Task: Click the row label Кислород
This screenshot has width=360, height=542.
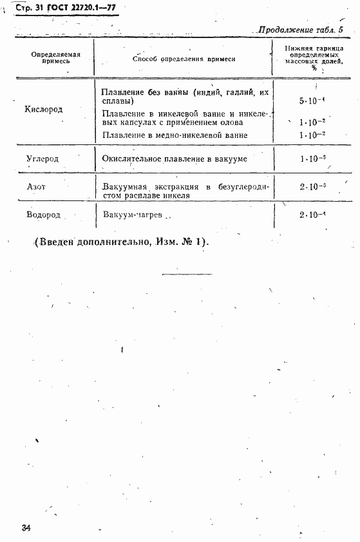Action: tap(44, 110)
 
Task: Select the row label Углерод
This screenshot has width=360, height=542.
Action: tap(44, 159)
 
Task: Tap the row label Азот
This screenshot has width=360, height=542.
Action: tap(36, 187)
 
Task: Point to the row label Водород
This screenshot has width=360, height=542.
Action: tap(44, 215)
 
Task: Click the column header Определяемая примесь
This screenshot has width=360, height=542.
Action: tap(55, 58)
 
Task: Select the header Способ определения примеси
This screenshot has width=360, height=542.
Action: tap(184, 59)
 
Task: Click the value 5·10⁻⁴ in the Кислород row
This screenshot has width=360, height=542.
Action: tap(312, 101)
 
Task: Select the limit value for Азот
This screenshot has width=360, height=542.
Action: tap(313, 187)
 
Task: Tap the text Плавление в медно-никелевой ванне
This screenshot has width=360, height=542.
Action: tap(175, 135)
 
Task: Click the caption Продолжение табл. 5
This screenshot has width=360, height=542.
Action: tap(301, 30)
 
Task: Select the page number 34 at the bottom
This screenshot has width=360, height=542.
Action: tap(26, 528)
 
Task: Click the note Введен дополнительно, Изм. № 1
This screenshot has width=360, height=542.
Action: tap(120, 243)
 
